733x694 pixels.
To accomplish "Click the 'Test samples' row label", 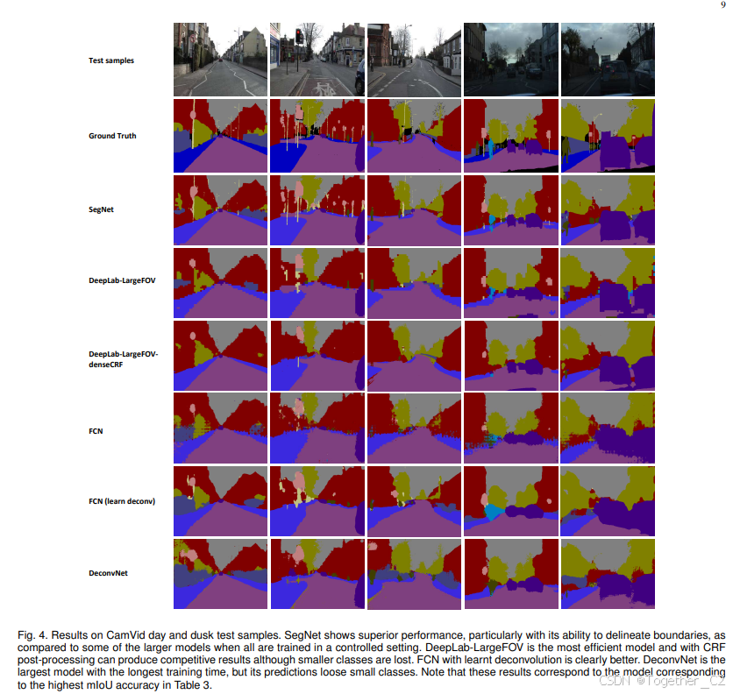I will coord(111,60).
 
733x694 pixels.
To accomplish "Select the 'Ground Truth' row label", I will coord(112,136).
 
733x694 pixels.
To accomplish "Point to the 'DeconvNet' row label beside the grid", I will coord(110,574).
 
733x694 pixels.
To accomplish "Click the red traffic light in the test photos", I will coord(298,36).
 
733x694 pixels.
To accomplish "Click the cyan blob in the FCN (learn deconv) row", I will coord(494,511).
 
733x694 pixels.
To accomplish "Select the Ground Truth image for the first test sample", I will coord(220,136).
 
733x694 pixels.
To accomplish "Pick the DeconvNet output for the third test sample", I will coord(414,574).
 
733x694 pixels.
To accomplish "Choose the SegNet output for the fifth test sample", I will coord(607,210).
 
